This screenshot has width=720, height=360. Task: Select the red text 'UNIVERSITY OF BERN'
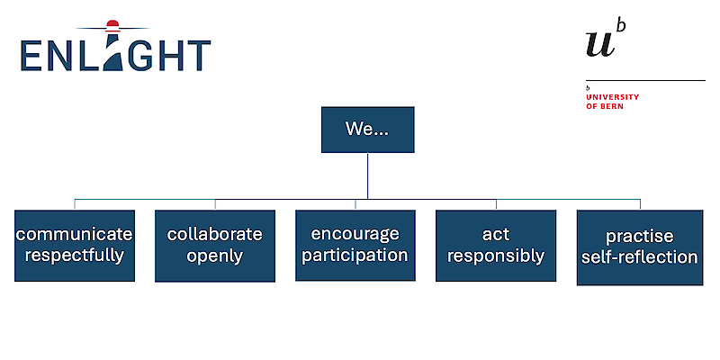tap(612, 101)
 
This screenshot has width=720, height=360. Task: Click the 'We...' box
tap(367, 130)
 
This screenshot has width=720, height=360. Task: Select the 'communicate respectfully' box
tap(75, 245)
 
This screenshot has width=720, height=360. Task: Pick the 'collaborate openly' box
tap(215, 245)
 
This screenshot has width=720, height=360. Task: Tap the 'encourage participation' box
tap(355, 245)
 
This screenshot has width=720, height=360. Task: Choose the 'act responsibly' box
tap(496, 245)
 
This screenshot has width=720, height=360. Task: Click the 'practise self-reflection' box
tap(639, 247)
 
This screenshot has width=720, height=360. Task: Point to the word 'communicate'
tap(75, 234)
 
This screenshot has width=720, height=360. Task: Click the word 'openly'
tap(215, 256)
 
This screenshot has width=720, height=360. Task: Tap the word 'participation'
tap(355, 256)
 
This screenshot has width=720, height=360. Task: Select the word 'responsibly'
tap(496, 256)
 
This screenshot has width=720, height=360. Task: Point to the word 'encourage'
tap(355, 234)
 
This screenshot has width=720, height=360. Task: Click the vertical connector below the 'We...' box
tap(367, 175)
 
